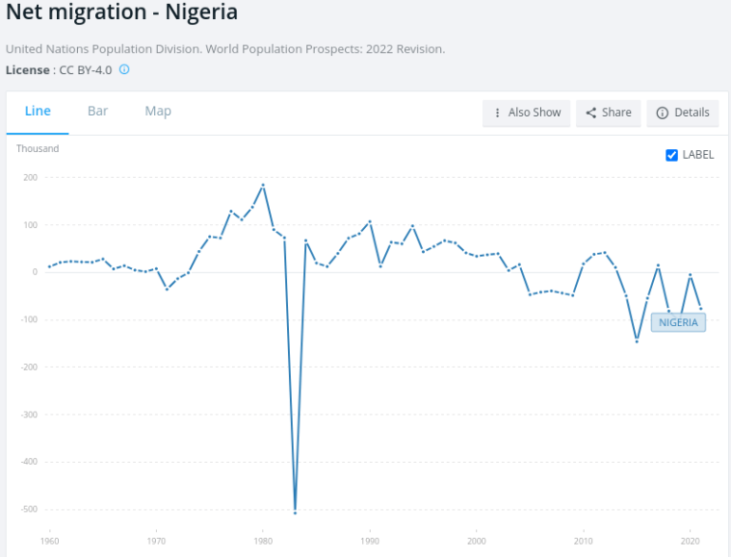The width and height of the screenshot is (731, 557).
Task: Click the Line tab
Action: (x=38, y=112)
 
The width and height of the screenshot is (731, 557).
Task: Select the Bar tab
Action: (x=97, y=112)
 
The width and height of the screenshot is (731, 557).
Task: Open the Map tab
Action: (x=158, y=112)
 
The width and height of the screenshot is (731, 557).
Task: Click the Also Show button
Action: (x=527, y=113)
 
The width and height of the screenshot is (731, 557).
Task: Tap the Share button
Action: (x=608, y=113)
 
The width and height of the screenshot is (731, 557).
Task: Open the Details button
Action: (x=683, y=113)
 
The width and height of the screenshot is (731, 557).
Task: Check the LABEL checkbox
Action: (x=672, y=155)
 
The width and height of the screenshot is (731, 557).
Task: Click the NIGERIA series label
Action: (x=678, y=322)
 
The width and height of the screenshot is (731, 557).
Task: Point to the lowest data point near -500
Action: (x=295, y=512)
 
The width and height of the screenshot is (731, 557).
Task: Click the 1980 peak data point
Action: (x=263, y=185)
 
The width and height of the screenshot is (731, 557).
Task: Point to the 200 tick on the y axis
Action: (x=31, y=178)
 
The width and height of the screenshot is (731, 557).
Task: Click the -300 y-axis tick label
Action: (x=29, y=415)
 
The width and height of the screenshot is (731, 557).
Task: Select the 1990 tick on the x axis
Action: (x=370, y=542)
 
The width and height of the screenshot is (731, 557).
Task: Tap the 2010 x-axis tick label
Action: (x=583, y=542)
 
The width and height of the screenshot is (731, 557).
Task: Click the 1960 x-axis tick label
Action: (x=50, y=542)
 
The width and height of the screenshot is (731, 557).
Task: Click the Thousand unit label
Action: (x=38, y=149)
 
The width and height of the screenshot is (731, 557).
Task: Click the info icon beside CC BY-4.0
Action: (x=124, y=70)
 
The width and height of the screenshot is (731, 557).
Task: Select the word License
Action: (x=28, y=70)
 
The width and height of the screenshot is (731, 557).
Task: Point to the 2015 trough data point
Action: (x=637, y=342)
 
